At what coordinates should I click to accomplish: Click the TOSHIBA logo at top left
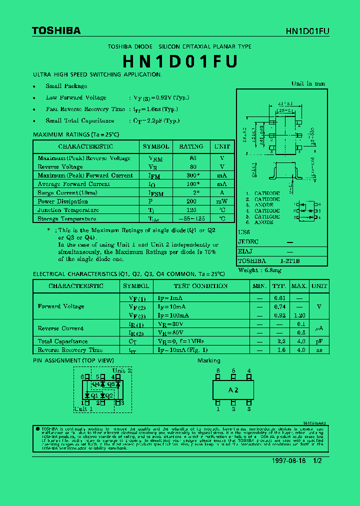pos(56,31)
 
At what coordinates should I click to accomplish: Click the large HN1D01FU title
pos(180,61)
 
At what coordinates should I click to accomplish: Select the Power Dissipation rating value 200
pos(191,201)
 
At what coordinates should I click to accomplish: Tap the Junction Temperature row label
pos(68,210)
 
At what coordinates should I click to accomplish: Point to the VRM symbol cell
pos(156,158)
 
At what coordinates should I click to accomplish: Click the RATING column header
pos(191,146)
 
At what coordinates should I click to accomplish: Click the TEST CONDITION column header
pos(200,286)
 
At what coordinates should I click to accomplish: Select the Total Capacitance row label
pos(62,341)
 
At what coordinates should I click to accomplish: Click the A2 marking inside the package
pos(233,389)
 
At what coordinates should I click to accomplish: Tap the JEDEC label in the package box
pos(248,242)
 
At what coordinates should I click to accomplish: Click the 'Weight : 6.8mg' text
pos(260,270)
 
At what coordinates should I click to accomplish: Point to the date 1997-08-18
pos(289,461)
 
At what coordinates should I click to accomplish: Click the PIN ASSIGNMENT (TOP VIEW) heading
pos(73,360)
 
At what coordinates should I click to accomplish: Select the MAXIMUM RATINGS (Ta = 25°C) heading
pos(76,134)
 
